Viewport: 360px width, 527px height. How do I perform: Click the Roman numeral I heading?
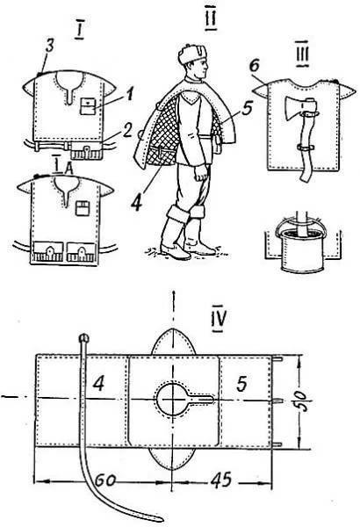(x=79, y=32)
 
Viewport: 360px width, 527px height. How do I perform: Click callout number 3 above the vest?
(x=49, y=47)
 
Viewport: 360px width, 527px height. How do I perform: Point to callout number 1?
(x=129, y=94)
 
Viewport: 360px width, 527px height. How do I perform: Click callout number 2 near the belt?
(x=126, y=132)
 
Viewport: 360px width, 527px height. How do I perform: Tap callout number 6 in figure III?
(x=255, y=66)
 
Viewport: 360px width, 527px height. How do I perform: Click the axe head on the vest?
(x=297, y=108)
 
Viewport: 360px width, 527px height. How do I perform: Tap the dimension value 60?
(x=104, y=480)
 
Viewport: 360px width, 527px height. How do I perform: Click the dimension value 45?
(x=221, y=480)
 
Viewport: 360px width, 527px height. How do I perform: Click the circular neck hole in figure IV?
(x=172, y=400)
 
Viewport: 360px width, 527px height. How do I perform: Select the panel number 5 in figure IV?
(x=241, y=384)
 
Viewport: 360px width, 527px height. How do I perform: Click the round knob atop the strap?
(x=84, y=337)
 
